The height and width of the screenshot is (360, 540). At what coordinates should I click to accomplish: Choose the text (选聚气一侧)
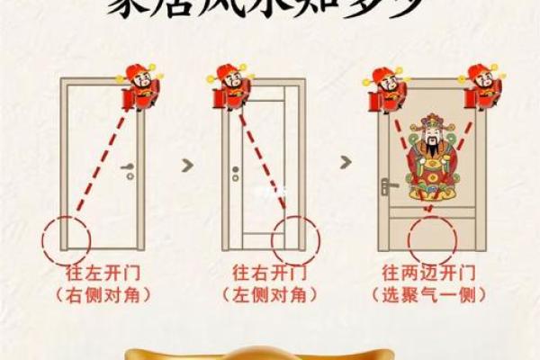coord(428,293)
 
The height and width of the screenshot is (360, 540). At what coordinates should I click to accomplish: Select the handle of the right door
coord(385,187)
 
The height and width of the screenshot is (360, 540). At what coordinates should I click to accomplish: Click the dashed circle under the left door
coord(66,236)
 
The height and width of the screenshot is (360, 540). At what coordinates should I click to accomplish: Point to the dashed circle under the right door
coord(427,236)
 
